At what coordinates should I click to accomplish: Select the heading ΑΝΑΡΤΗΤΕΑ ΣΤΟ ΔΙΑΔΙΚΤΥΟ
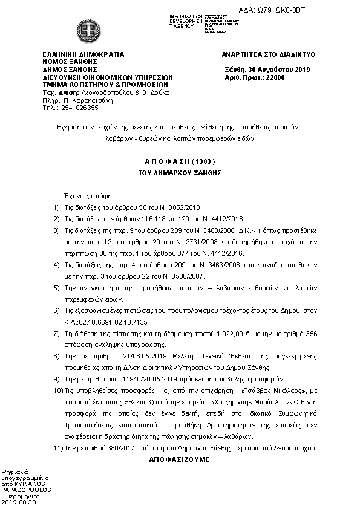(x=269, y=54)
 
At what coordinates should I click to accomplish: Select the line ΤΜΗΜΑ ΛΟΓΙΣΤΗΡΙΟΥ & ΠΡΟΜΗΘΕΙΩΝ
(x=99, y=85)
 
